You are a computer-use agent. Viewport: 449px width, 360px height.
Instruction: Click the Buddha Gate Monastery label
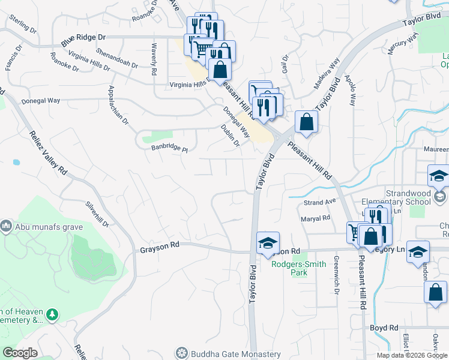point(236,354)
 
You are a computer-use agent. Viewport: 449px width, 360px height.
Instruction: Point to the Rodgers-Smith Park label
point(298,268)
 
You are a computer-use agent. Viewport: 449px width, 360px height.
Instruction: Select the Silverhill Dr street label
point(97,214)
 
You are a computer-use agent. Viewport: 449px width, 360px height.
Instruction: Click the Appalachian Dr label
point(118,104)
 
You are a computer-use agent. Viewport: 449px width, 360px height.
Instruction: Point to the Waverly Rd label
point(154,59)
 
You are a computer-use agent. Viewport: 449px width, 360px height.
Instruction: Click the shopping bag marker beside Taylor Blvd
point(306,122)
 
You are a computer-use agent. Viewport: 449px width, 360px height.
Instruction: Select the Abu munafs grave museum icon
point(6,226)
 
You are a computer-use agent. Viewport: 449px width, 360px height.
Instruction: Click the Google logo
point(20,353)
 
